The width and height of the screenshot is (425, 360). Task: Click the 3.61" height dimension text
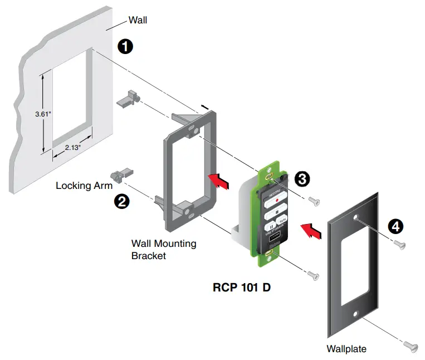[x=43, y=114]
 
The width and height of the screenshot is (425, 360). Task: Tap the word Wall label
[x=138, y=21]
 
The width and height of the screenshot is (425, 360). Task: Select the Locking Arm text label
[x=81, y=186]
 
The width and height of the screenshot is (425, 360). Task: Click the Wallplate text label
[x=346, y=349]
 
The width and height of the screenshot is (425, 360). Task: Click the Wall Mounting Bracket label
[x=155, y=250]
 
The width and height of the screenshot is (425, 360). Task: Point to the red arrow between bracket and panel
[x=219, y=180]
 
